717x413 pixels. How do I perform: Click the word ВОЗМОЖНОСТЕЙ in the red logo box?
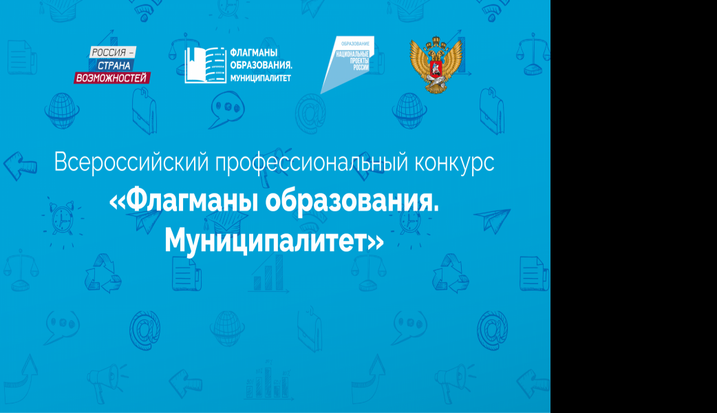[111, 78]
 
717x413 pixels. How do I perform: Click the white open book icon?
[205, 65]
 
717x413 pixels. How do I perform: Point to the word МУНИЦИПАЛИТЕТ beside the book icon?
[261, 78]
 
